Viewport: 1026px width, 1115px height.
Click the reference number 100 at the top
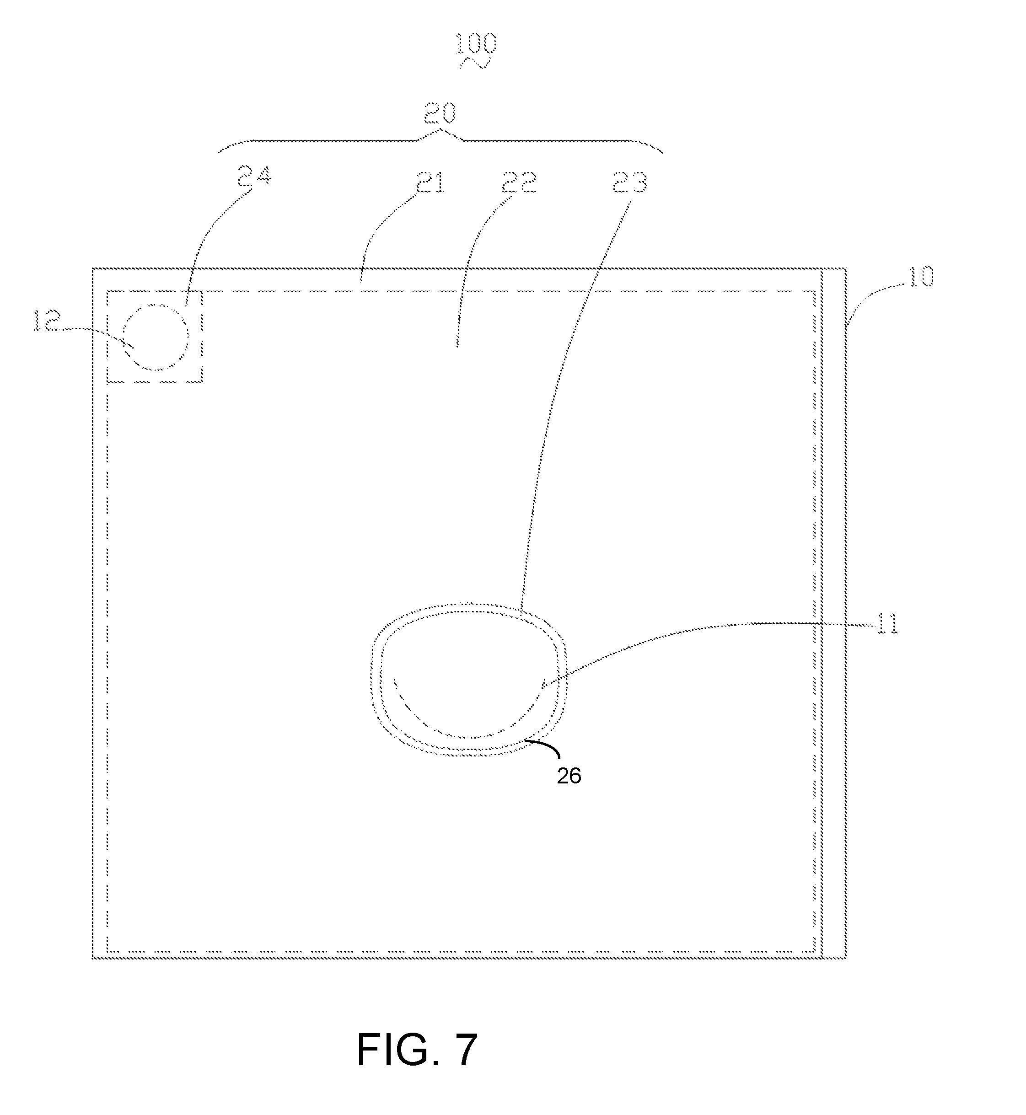476,44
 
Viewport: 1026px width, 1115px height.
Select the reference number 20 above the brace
440,113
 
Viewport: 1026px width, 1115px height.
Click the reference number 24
254,177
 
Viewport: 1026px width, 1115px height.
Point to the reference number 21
430,182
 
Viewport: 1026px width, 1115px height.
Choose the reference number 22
519,182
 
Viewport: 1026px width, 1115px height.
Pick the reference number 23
630,182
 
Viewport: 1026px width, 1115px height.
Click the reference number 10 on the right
920,276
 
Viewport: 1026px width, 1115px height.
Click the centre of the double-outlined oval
469,680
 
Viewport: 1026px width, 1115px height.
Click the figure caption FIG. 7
417,1050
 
